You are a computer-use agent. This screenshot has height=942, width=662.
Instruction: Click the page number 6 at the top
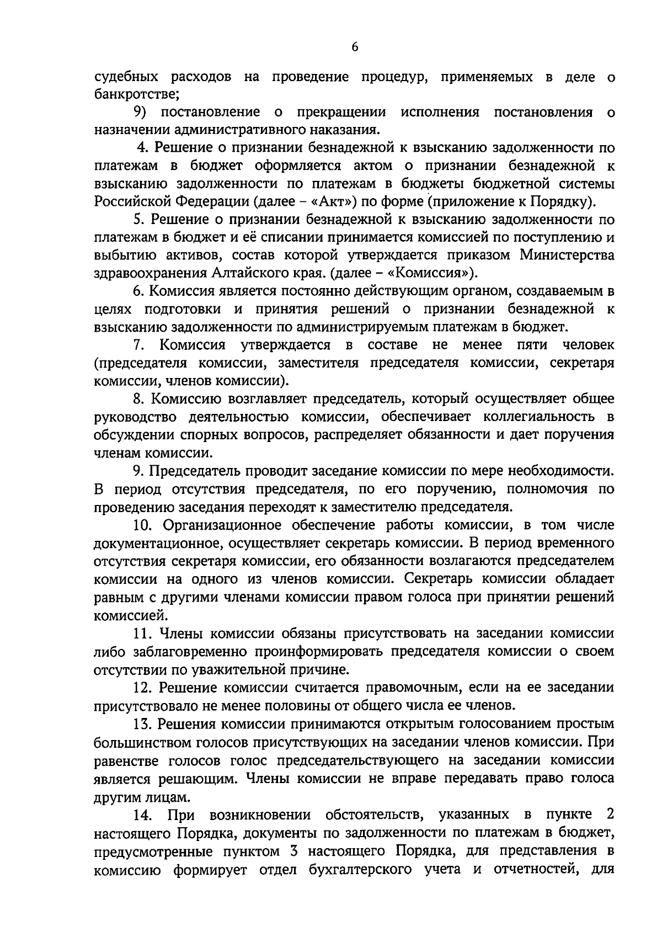coord(355,47)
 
